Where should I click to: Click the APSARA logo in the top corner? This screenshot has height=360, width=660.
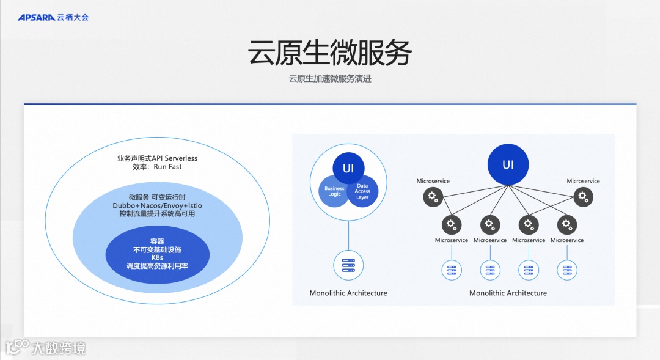point(53,17)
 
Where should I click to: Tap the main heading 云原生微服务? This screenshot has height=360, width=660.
point(329,53)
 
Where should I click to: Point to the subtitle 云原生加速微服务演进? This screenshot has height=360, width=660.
point(330,79)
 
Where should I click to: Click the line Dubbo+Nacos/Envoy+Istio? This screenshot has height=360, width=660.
point(158,205)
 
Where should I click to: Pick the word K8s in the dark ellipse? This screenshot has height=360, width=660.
point(158,258)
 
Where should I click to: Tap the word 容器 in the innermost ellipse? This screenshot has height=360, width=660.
point(158,241)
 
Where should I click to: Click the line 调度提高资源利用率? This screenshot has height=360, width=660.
point(158,266)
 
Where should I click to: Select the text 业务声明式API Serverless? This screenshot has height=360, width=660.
point(158,158)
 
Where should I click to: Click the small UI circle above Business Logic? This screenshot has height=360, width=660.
point(348,167)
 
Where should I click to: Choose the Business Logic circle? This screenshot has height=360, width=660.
point(334,191)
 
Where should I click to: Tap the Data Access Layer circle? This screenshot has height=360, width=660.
point(363,191)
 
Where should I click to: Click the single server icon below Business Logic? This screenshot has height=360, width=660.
point(348,265)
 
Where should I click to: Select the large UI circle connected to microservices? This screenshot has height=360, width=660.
point(508,165)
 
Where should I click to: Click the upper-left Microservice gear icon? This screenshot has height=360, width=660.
point(433,196)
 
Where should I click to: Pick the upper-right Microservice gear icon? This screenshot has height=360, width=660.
point(583,196)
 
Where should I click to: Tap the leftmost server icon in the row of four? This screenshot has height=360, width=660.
point(452,269)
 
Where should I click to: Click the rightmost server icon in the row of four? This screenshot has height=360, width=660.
point(567,269)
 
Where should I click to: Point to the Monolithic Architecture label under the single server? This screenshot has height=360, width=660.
point(348,293)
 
